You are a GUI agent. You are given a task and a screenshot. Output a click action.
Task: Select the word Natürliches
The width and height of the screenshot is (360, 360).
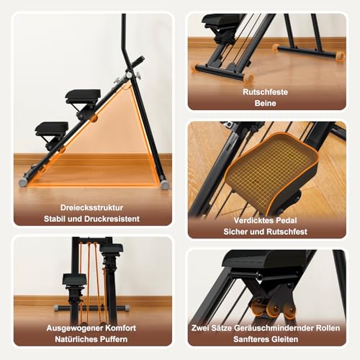point(79,340)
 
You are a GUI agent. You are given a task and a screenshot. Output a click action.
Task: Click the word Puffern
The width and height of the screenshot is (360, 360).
point(116,340)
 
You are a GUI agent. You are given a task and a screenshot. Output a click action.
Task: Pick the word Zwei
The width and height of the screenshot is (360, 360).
point(203,328)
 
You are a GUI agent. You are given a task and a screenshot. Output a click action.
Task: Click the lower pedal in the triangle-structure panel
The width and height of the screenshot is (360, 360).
point(52,129)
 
